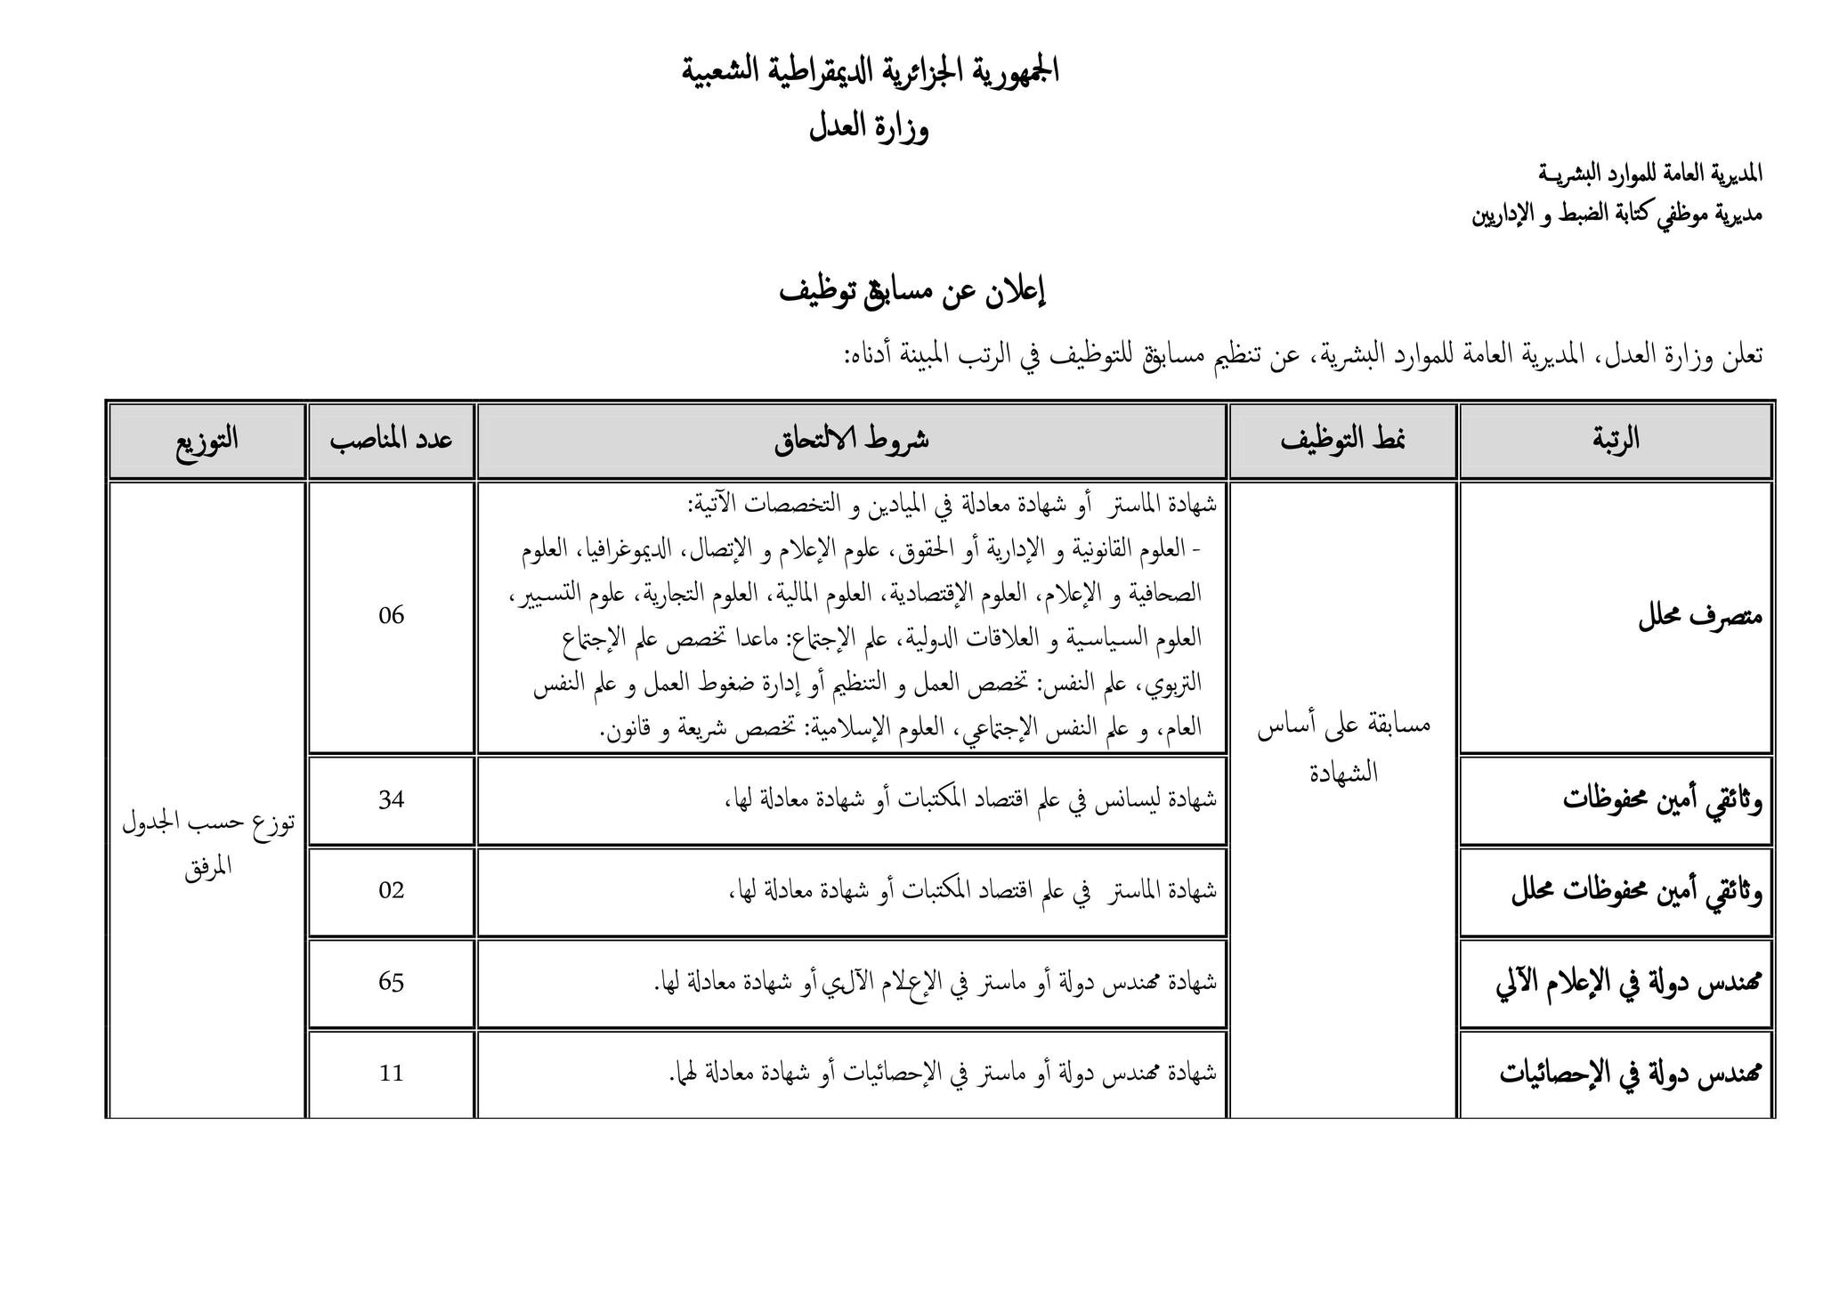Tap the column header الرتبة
pyautogui.click(x=1615, y=439)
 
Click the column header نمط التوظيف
pyautogui.click(x=1342, y=440)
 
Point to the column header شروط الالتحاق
pyautogui.click(x=851, y=440)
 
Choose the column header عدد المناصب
pyautogui.click(x=391, y=440)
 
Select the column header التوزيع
pyautogui.click(x=207, y=440)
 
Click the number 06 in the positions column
pyautogui.click(x=391, y=616)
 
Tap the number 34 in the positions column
pyautogui.click(x=391, y=799)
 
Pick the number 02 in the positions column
pyautogui.click(x=391, y=890)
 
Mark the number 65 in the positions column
pyautogui.click(x=391, y=982)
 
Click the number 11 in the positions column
pyautogui.click(x=391, y=1074)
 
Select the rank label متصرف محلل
pyautogui.click(x=1700, y=618)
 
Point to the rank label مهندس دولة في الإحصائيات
pyautogui.click(x=1631, y=1074)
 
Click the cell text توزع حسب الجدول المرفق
pyautogui.click(x=207, y=845)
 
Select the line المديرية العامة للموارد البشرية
pyautogui.click(x=1650, y=174)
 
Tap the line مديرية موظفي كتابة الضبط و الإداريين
pyautogui.click(x=1616, y=215)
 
